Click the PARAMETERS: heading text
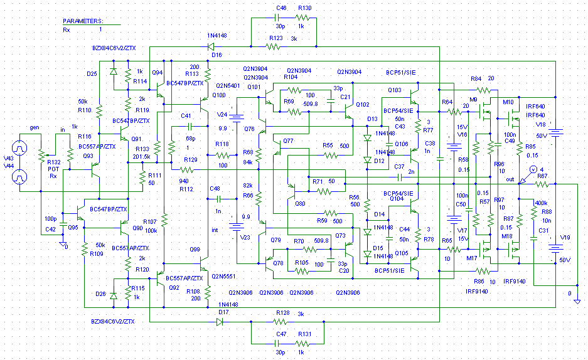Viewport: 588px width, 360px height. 82,21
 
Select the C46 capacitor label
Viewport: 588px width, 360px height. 281,8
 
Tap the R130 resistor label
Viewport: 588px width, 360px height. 305,8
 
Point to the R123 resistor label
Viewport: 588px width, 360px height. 274,39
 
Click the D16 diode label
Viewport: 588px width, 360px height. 217,55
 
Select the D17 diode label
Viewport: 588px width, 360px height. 223,312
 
